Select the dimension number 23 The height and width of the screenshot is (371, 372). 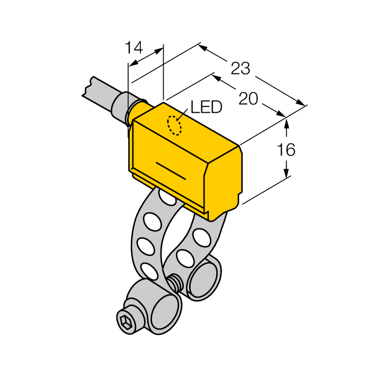point(240,69)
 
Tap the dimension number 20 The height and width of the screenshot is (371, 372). point(248,99)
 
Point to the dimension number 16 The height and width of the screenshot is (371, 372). point(286,150)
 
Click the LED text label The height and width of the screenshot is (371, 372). point(206,108)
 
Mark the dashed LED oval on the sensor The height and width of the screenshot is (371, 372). point(174,125)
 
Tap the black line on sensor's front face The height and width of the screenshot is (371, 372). point(170,170)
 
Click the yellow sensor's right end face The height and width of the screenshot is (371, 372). point(226,181)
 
